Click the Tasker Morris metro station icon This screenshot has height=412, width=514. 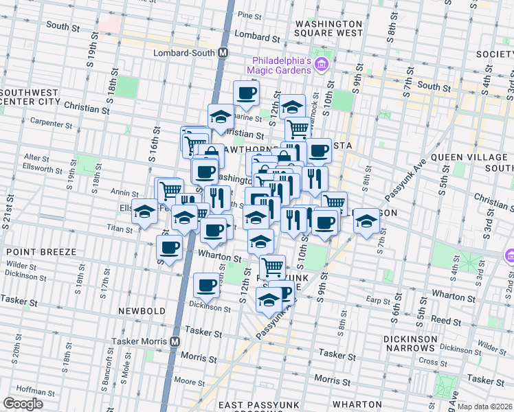(x=175, y=341)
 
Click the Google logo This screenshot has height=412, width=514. (x=23, y=404)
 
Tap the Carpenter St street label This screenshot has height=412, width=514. (x=52, y=123)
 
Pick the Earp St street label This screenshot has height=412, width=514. (x=378, y=300)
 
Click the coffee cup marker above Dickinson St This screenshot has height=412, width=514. (x=205, y=284)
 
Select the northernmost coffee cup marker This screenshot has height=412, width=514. (x=246, y=92)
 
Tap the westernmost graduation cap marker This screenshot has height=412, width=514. (x=144, y=211)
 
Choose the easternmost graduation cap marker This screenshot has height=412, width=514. (x=366, y=220)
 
